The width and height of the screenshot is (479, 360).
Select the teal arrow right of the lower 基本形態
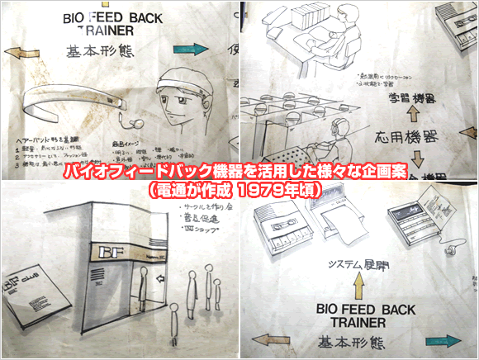449,340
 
